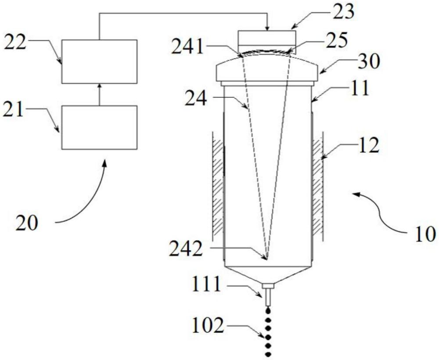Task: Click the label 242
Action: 185,249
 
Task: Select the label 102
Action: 208,326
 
